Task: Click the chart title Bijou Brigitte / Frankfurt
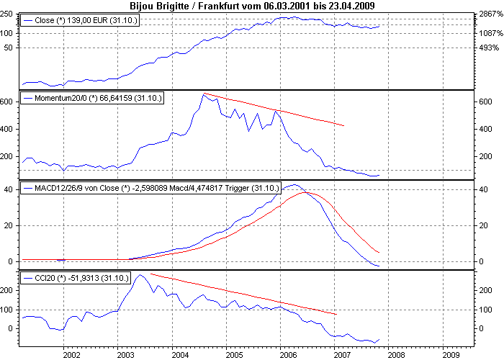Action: (x=253, y=6)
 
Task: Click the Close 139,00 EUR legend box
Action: (x=81, y=21)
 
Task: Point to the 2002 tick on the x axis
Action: (x=71, y=354)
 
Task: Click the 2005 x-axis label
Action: (x=233, y=354)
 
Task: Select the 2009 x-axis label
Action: (x=450, y=354)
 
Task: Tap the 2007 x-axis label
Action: (x=341, y=354)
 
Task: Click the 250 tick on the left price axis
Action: (x=10, y=15)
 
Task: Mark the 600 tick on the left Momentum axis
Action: (x=8, y=102)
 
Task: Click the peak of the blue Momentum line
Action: (x=204, y=94)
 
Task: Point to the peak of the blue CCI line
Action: (x=140, y=274)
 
